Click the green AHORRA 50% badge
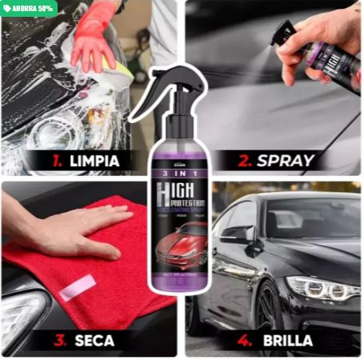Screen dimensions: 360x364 (29, 9)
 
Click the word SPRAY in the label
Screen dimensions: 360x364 (286, 161)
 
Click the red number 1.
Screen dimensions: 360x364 (57, 161)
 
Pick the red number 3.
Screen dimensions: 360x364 (59, 341)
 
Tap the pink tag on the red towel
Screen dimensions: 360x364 (78, 286)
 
